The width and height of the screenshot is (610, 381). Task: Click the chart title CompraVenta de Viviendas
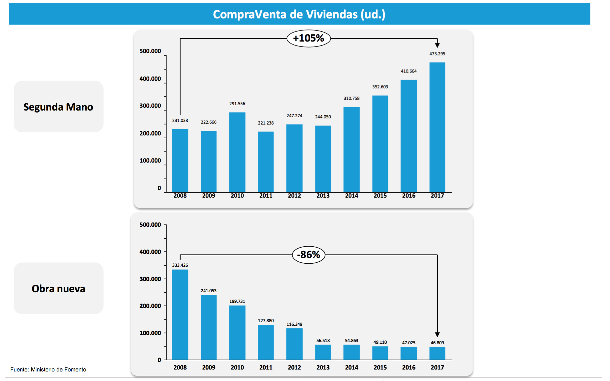(x=299, y=14)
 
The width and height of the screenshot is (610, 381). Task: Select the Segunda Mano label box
(x=58, y=107)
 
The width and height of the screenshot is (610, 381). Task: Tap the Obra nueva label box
(x=58, y=288)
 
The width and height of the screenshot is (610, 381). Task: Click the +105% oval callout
(x=309, y=38)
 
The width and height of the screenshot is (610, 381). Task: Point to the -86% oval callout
(x=309, y=255)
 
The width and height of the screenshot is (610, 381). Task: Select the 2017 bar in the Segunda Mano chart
(x=437, y=127)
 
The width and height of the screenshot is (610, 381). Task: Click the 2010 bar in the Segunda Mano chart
(x=237, y=152)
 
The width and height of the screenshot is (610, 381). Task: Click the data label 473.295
(x=437, y=54)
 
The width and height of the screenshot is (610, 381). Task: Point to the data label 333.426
(x=180, y=265)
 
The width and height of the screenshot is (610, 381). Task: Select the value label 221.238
(x=266, y=123)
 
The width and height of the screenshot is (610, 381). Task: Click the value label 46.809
(x=437, y=343)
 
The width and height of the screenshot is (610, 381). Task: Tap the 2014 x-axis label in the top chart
(x=351, y=196)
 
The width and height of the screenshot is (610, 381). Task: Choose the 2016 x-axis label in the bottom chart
(x=409, y=367)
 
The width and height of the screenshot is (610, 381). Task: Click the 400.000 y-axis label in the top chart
(x=150, y=79)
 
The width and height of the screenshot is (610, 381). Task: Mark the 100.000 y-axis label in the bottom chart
(x=150, y=333)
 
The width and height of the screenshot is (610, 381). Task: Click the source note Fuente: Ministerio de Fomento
(x=48, y=370)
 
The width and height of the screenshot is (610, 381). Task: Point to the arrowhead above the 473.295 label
(x=437, y=45)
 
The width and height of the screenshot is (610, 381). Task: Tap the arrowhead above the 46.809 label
(x=437, y=335)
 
